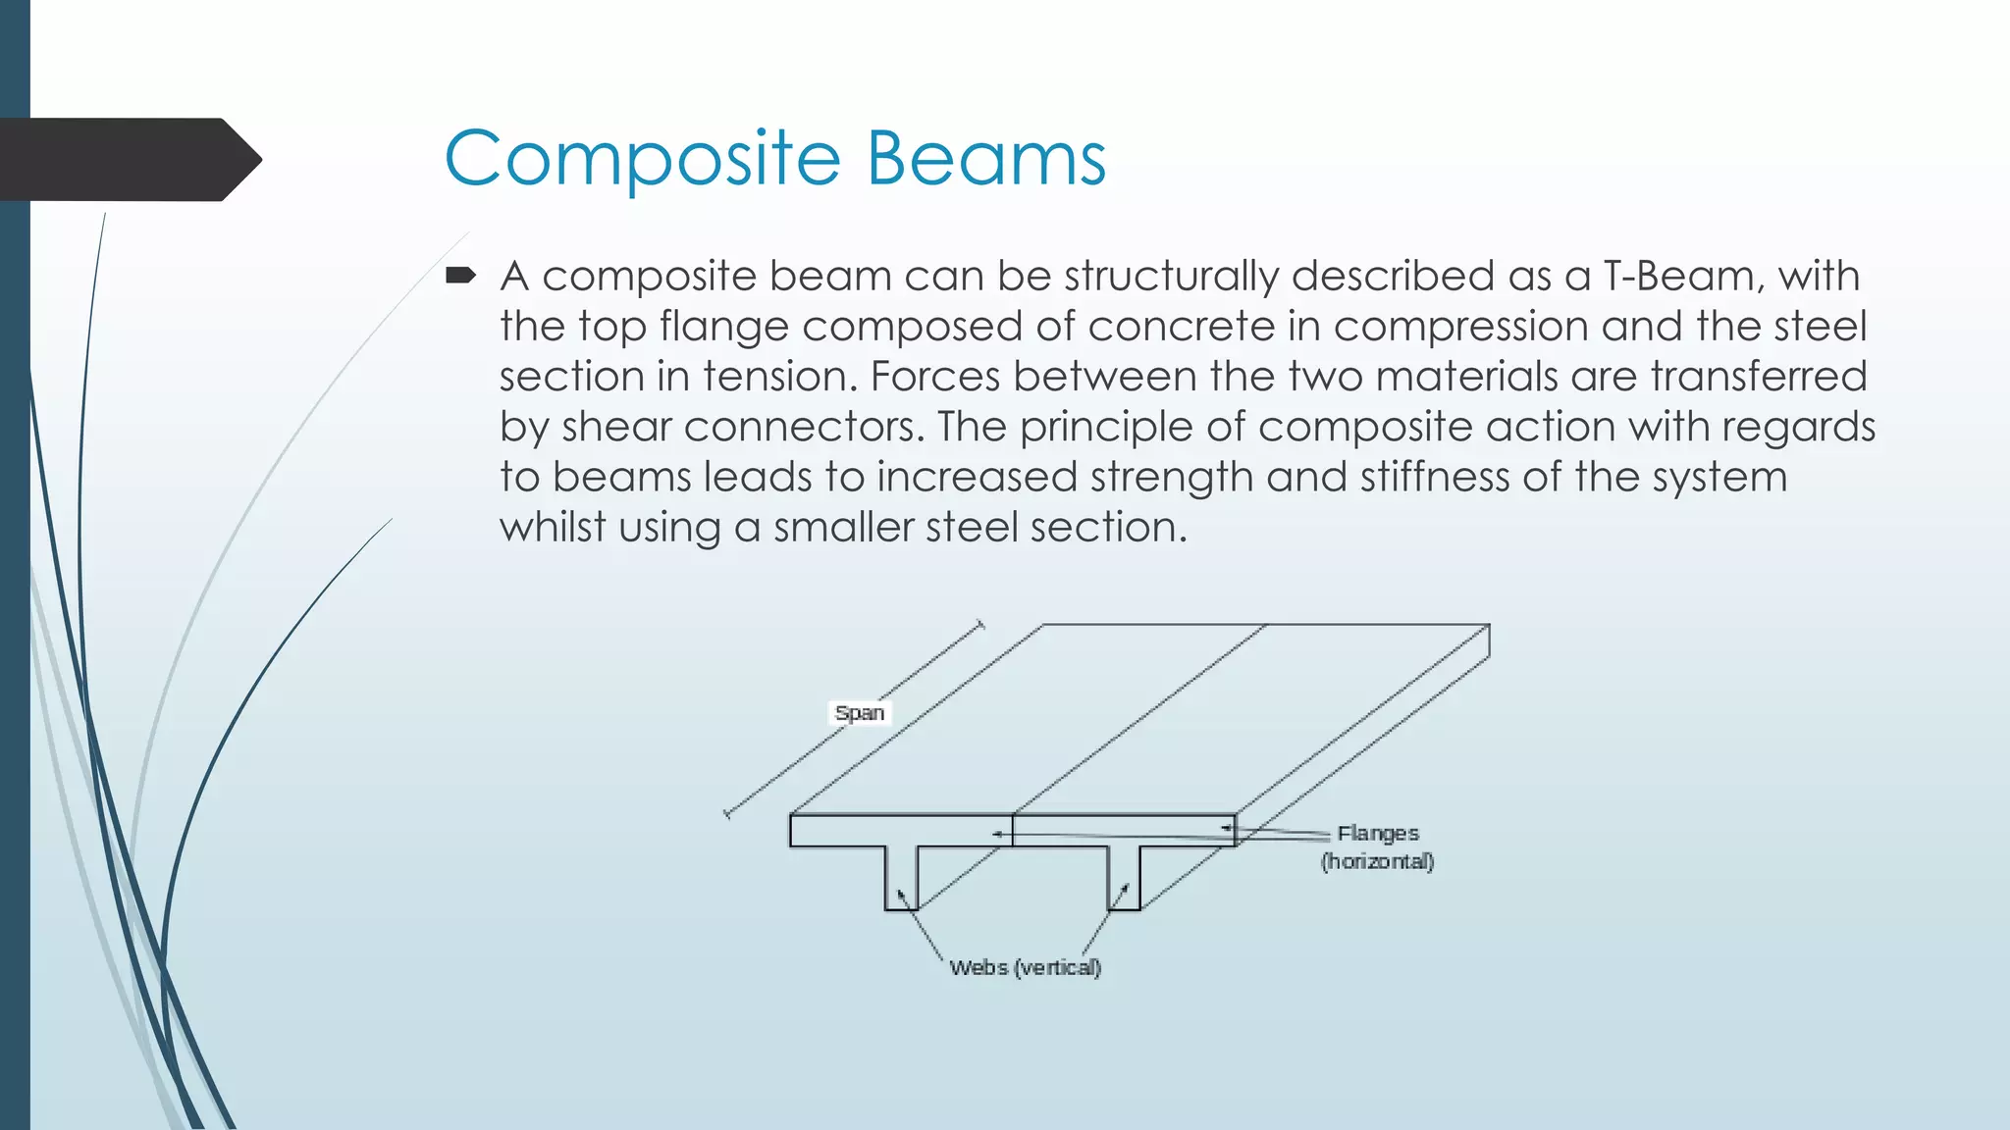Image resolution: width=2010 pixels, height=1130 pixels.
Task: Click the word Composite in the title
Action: coord(643,160)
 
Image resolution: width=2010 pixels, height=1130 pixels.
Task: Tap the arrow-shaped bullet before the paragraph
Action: coord(460,276)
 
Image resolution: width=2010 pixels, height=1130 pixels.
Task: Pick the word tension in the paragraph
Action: coord(779,377)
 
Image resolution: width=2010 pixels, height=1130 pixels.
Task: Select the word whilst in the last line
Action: coord(553,527)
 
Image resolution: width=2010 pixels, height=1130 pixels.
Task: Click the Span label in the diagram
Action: coord(860,713)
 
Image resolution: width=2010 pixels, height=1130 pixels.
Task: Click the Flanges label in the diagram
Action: coord(1378,833)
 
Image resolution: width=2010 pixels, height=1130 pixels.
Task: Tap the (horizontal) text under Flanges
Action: coord(1377,861)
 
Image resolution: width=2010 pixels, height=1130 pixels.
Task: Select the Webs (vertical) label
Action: coord(1025,967)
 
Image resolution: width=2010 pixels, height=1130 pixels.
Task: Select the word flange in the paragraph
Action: coord(723,326)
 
